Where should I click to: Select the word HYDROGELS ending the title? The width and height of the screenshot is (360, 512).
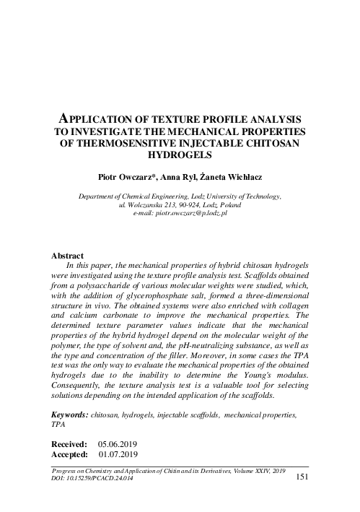click(180, 155)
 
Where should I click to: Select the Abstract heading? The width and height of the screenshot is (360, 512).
click(69, 256)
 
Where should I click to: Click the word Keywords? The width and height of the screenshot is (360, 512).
click(71, 417)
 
